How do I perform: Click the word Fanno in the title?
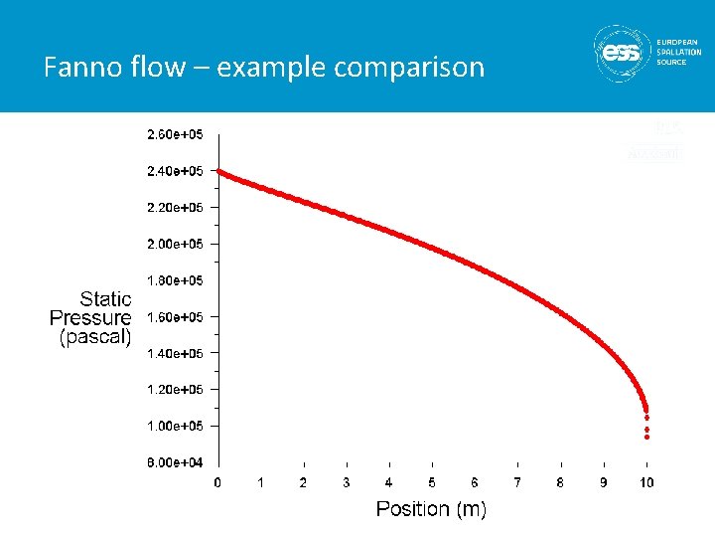78,68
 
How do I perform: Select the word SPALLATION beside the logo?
678,52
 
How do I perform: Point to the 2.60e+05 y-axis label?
175,134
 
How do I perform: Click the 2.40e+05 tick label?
175,171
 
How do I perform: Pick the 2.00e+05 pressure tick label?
175,244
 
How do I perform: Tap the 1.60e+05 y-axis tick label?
175,317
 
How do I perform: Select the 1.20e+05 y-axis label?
175,390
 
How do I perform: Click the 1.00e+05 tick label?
175,426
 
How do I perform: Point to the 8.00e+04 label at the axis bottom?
175,462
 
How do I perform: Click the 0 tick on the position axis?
218,482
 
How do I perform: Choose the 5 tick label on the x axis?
432,482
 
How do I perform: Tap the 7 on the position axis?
517,482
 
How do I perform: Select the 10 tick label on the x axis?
646,482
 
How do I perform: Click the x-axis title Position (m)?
431,509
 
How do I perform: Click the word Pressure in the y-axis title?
90,318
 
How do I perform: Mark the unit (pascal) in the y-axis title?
95,337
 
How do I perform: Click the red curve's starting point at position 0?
219,172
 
